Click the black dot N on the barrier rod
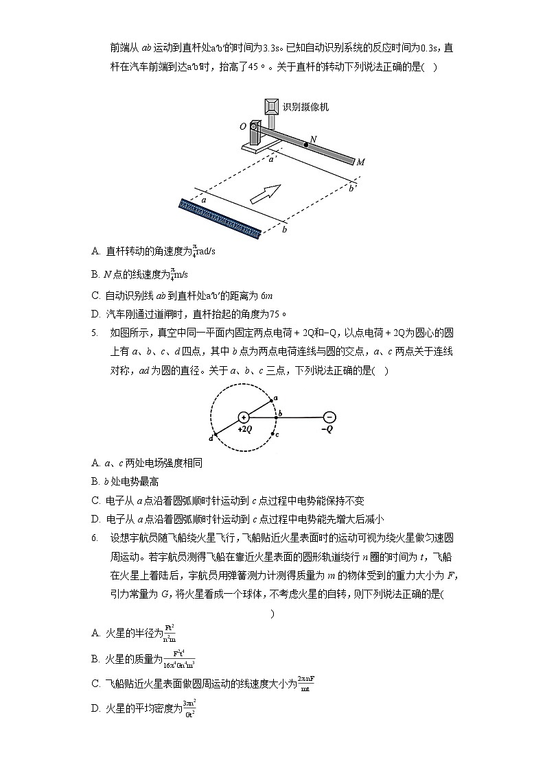(x=306, y=145)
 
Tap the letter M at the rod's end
(x=360, y=162)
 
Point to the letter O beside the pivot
(x=243, y=127)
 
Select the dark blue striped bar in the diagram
(x=220, y=219)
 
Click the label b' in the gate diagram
(x=353, y=188)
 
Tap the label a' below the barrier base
(x=272, y=159)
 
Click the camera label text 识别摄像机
(x=306, y=107)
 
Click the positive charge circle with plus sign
(x=243, y=417)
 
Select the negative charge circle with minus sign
(x=329, y=417)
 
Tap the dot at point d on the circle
(x=216, y=433)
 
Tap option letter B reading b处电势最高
(x=95, y=481)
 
